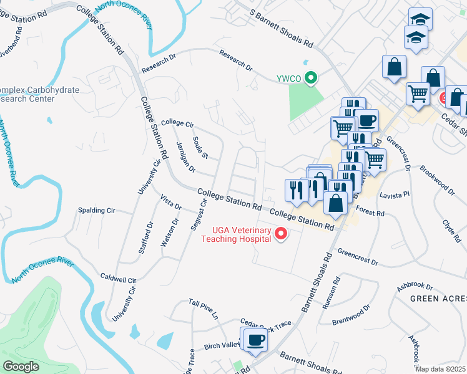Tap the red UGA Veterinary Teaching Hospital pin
click(281, 234)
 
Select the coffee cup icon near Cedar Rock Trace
click(255, 340)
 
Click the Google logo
click(21, 367)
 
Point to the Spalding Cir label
click(96, 211)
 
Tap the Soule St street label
click(200, 147)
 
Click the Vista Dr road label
click(170, 202)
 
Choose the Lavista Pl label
click(394, 194)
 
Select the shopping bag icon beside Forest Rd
click(335, 203)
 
